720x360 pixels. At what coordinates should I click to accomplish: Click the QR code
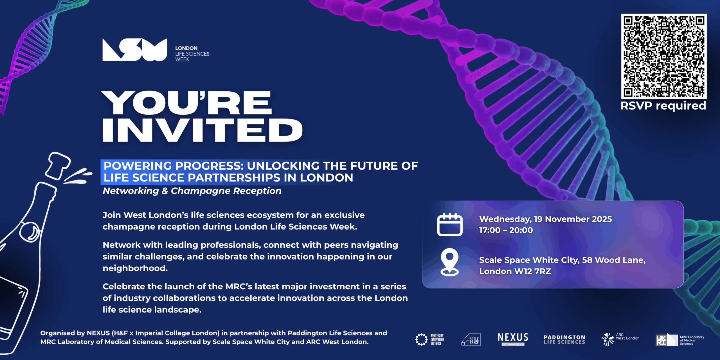[x=664, y=56]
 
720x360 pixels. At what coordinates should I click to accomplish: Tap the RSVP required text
[x=663, y=106]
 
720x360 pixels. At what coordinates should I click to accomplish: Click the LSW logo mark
[x=135, y=50]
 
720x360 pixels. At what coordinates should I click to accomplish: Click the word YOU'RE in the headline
[x=187, y=103]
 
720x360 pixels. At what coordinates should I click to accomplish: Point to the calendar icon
[x=450, y=224]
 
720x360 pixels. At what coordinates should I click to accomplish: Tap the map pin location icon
[x=449, y=262]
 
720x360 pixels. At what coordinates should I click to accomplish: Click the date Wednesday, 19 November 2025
[x=546, y=219]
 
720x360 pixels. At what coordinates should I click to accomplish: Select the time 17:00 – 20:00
[x=506, y=230]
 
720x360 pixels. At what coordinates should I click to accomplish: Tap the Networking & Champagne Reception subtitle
[x=192, y=191]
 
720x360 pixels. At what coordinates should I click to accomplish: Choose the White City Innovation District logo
[x=430, y=339]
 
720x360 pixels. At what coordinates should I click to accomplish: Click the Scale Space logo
[x=471, y=339]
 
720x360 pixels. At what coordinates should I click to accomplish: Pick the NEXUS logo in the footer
[x=513, y=339]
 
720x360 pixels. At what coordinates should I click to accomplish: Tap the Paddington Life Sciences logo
[x=564, y=339]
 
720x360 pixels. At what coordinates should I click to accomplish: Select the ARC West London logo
[x=620, y=339]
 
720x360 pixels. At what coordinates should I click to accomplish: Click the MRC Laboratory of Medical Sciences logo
[x=680, y=340]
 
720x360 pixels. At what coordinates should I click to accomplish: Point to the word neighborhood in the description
[x=135, y=268]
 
